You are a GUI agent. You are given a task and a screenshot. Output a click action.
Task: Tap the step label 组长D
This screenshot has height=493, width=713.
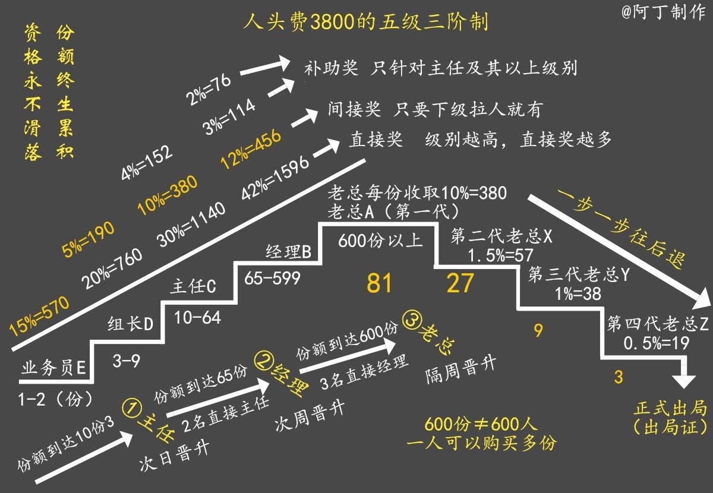130,324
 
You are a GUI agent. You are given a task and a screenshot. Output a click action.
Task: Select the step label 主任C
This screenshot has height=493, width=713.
193,286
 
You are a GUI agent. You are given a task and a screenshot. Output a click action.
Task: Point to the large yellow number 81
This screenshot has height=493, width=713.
379,284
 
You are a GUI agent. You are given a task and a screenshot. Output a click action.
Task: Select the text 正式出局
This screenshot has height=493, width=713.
670,409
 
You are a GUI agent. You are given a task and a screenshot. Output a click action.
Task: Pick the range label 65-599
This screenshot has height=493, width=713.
273,277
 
